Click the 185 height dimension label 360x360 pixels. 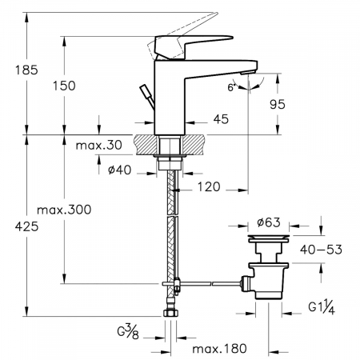coord(26,70)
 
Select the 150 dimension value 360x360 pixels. coord(64,86)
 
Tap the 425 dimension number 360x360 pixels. coord(26,227)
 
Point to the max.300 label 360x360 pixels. coord(64,210)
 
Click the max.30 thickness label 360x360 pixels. coord(99,146)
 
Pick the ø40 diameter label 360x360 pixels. coord(120,170)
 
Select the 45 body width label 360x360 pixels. coord(221,119)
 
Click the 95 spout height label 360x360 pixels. coord(278,104)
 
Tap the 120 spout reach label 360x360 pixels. coord(209,187)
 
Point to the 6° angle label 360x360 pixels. coord(232,87)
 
